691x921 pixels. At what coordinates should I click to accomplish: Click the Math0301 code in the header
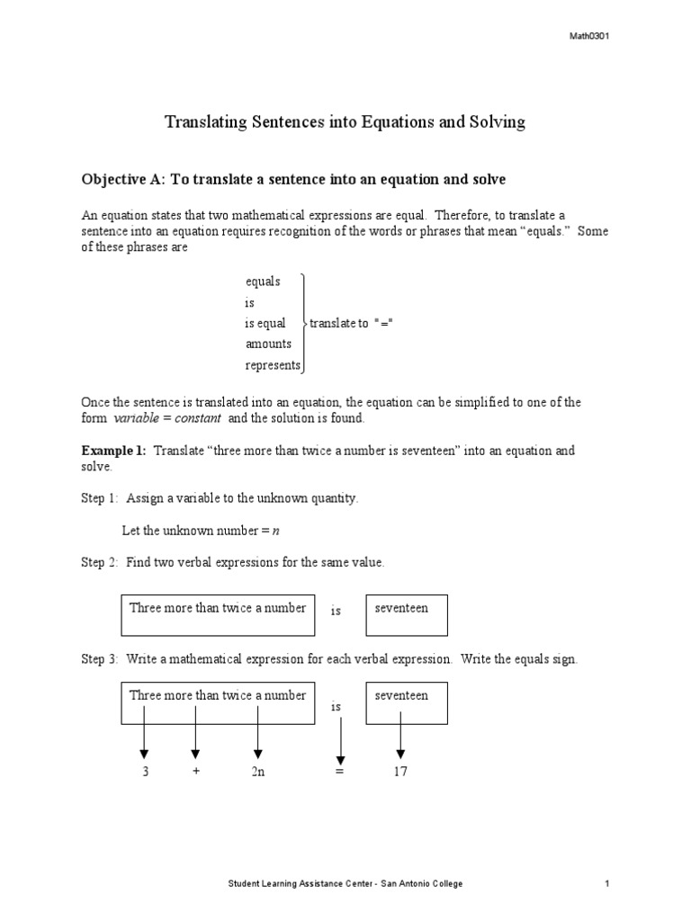click(590, 36)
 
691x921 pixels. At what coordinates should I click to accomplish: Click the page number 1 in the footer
click(607, 884)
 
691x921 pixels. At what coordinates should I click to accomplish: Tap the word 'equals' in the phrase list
click(263, 282)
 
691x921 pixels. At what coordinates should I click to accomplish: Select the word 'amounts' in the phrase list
click(268, 344)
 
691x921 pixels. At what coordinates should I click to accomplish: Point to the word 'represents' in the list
click(273, 365)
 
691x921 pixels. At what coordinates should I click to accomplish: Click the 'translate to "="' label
click(352, 323)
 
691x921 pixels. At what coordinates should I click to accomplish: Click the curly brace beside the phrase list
click(305, 323)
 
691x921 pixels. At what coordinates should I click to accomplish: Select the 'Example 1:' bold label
click(114, 451)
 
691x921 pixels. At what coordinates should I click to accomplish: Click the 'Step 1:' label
click(100, 498)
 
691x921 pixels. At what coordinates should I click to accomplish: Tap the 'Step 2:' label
click(100, 562)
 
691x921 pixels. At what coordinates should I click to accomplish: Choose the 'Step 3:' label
click(100, 659)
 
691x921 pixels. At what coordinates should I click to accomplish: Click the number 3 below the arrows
click(144, 772)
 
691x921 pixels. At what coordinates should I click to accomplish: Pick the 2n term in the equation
click(258, 772)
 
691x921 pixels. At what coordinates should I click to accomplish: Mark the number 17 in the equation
click(399, 772)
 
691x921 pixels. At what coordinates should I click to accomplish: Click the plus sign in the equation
click(195, 772)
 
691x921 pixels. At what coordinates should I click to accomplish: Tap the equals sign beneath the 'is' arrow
click(339, 773)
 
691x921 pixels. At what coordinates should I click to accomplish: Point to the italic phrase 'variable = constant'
click(167, 419)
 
